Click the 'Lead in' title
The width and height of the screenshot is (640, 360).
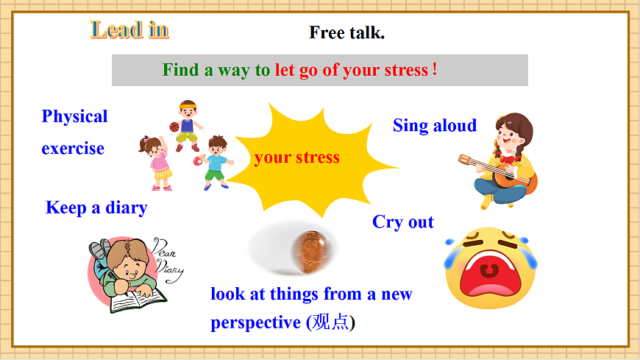point(129,29)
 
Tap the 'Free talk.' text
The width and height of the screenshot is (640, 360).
point(346,32)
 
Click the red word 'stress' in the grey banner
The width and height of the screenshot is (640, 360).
point(405,71)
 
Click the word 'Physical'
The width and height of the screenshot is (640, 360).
point(74,116)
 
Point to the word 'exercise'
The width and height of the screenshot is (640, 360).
point(73,148)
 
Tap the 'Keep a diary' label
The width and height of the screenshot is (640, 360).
point(96,208)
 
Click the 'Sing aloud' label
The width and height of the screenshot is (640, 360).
point(435,125)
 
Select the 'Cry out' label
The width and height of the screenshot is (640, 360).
point(403,222)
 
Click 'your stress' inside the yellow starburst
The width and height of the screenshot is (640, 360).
point(297,157)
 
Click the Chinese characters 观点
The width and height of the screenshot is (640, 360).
point(330,322)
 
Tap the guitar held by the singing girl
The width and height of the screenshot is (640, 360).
point(499,169)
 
